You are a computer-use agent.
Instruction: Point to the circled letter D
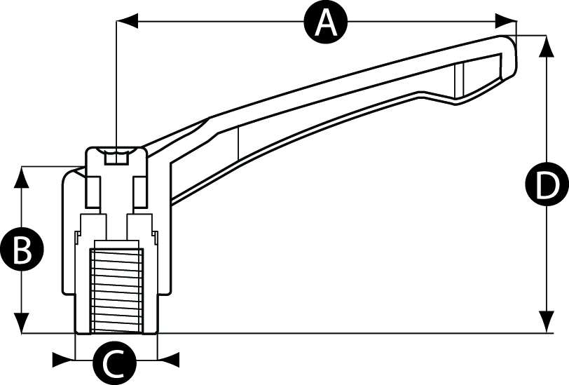(544, 186)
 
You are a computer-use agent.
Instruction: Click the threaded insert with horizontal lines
(116, 289)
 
